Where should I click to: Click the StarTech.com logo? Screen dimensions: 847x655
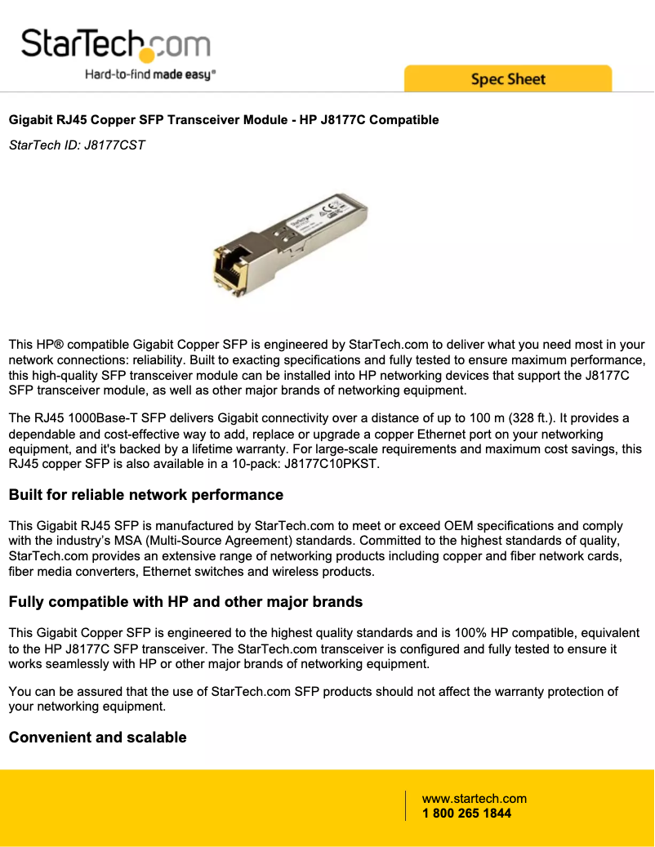[115, 46]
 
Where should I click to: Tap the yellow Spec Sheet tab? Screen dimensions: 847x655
[507, 79]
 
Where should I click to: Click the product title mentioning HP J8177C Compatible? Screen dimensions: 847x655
[223, 120]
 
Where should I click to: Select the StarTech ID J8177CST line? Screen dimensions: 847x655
[77, 146]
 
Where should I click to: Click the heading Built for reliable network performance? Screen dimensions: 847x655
[145, 495]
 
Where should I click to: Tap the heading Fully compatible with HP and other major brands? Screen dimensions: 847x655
[185, 602]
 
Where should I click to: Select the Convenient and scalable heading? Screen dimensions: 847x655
[97, 738]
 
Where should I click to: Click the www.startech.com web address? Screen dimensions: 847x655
[474, 799]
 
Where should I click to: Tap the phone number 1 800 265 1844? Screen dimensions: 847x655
[466, 814]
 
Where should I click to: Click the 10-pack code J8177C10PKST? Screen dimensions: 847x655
[330, 465]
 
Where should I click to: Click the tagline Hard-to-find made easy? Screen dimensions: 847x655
[150, 74]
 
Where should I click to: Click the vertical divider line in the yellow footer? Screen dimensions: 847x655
[405, 805]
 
